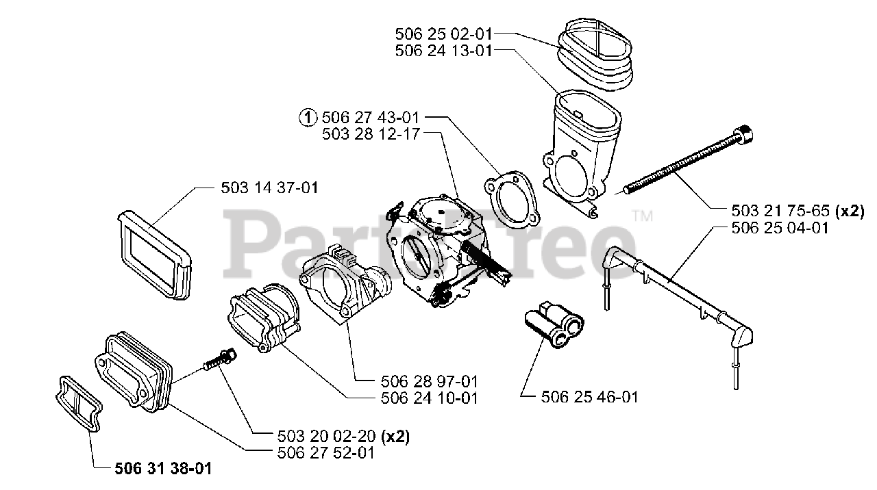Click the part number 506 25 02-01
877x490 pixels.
tap(444, 33)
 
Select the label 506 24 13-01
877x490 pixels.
tap(444, 51)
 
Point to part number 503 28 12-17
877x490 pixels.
tap(371, 135)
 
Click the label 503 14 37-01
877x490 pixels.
tap(269, 187)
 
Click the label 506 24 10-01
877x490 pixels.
tap(430, 398)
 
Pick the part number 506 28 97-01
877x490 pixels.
tap(430, 381)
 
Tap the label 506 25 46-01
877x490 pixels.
tap(590, 397)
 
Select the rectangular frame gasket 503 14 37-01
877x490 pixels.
tap(152, 252)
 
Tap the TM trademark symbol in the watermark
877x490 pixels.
tap(643, 216)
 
